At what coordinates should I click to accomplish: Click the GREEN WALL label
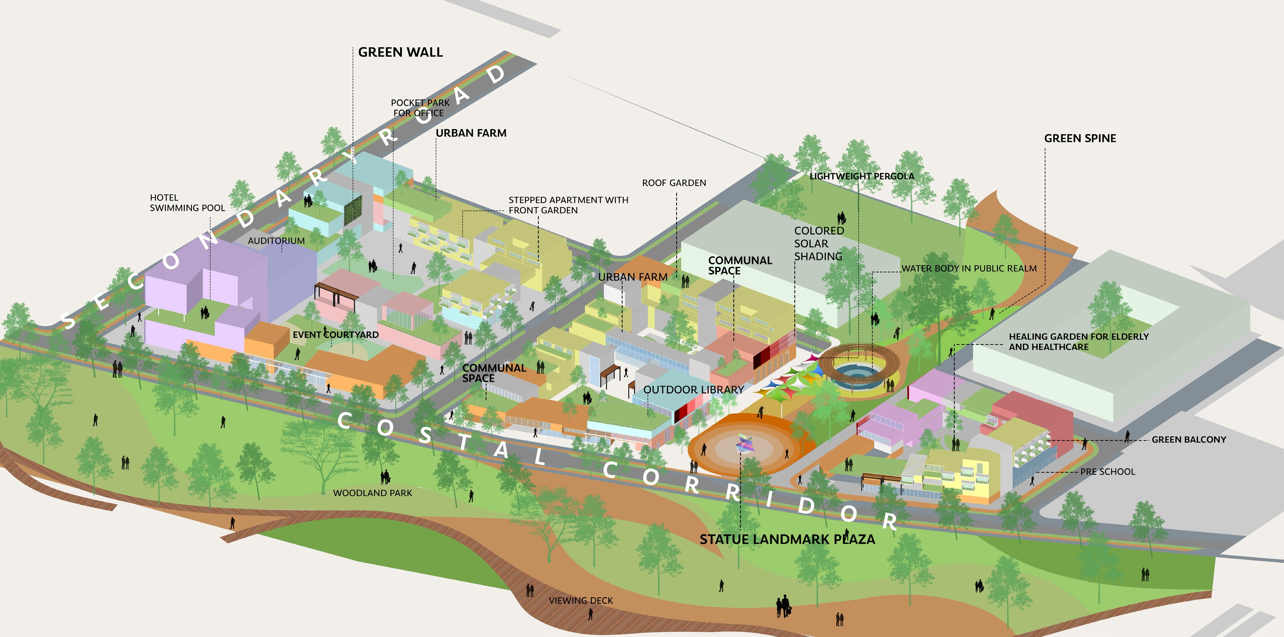pyautogui.click(x=400, y=52)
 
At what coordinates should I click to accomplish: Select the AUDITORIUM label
pyautogui.click(x=276, y=241)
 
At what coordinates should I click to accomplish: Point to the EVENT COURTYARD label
pyautogui.click(x=335, y=335)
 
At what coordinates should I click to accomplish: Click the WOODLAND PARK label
pyautogui.click(x=372, y=493)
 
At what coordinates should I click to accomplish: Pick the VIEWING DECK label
pyautogui.click(x=581, y=600)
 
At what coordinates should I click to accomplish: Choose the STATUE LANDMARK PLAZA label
pyautogui.click(x=787, y=539)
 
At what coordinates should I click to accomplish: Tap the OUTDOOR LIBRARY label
pyautogui.click(x=693, y=390)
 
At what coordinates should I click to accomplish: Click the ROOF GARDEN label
pyautogui.click(x=674, y=183)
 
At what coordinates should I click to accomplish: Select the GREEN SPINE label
pyautogui.click(x=1080, y=139)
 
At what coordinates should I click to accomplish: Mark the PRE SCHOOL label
pyautogui.click(x=1108, y=472)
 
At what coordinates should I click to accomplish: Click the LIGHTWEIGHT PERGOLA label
pyautogui.click(x=862, y=176)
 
